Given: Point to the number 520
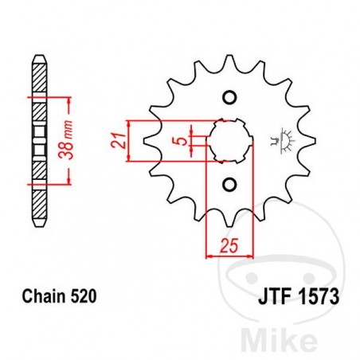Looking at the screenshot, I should (84, 296).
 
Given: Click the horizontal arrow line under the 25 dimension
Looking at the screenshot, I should (229, 256).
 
